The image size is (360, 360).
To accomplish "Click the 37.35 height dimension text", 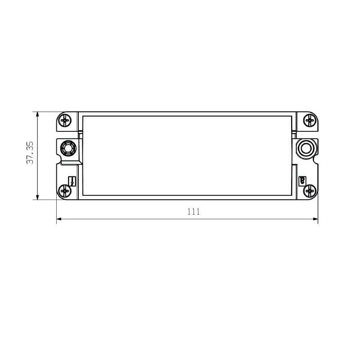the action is click(x=30, y=153).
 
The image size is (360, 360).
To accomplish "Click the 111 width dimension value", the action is click(x=194, y=211).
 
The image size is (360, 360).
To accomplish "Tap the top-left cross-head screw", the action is click(x=65, y=120).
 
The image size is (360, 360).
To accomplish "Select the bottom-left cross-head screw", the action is click(x=65, y=191).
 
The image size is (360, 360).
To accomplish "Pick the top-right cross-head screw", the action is click(x=310, y=120).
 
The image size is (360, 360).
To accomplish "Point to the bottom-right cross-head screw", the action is click(x=310, y=191).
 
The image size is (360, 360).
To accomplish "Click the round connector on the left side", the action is click(x=68, y=148).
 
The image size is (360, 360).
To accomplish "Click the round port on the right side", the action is click(x=306, y=148).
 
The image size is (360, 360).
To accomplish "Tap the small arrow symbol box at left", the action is click(x=72, y=181).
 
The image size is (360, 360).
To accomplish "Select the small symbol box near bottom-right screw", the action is click(x=302, y=180).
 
